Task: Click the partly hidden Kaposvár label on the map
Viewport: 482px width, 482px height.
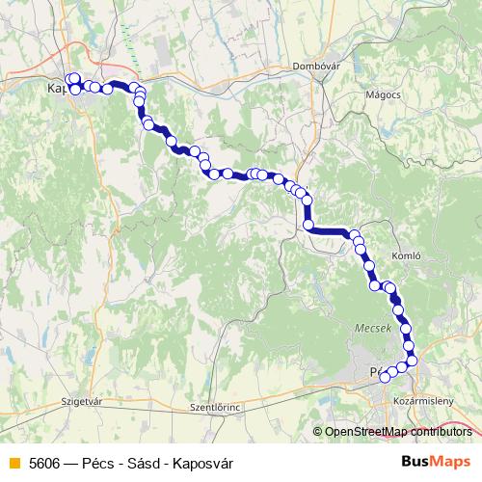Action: (x=57, y=90)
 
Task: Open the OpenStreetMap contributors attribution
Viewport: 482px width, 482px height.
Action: (x=397, y=431)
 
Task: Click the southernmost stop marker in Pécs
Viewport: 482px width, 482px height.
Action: (x=386, y=377)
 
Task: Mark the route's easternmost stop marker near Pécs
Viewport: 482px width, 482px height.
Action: (x=414, y=361)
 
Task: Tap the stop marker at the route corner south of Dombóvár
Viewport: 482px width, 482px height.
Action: (x=309, y=226)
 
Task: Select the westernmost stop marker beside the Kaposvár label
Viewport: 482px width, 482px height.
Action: (x=69, y=79)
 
